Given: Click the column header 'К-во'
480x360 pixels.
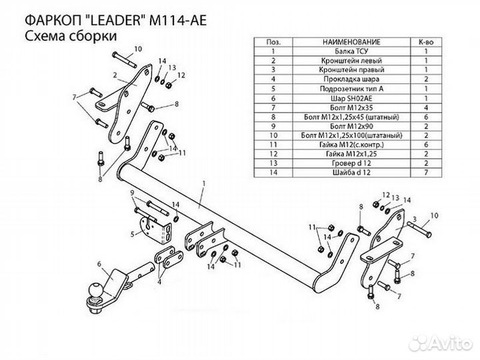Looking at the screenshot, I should click(x=425, y=41).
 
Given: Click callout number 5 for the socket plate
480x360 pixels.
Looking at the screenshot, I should click(x=133, y=234).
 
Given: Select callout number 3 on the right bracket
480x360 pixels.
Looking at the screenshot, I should click(x=414, y=219).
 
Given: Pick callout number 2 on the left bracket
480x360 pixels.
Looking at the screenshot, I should click(x=115, y=74).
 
